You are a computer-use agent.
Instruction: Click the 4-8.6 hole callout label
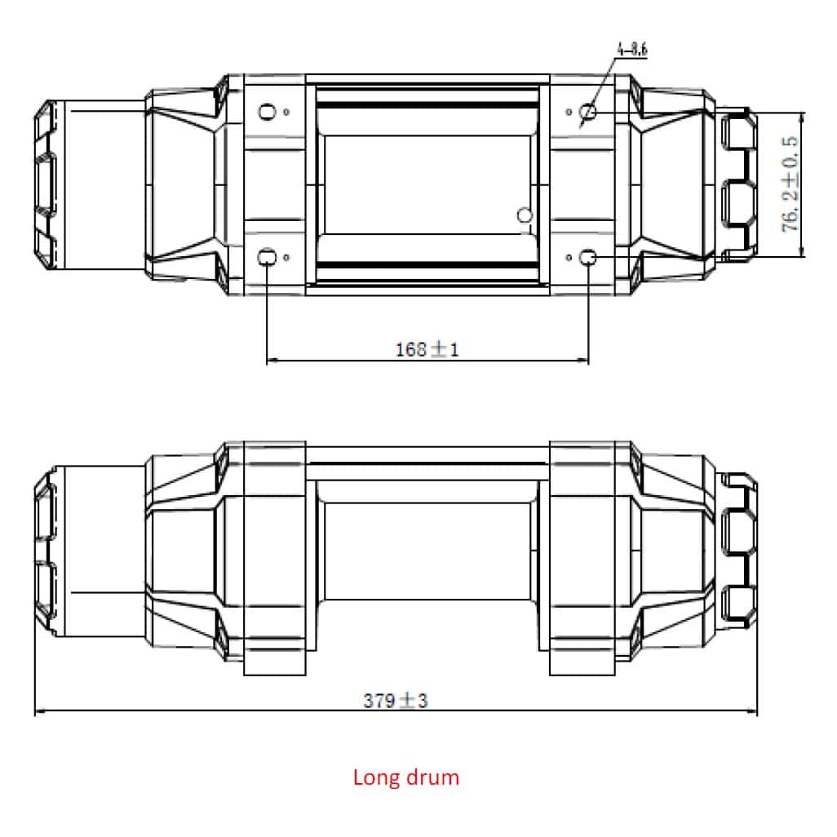coord(632,50)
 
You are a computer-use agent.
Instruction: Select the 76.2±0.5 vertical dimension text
coord(790,184)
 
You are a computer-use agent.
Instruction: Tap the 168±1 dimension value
coord(427,350)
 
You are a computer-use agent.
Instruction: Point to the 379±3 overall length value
coord(396,700)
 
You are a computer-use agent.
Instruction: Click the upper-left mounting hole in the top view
coord(267,112)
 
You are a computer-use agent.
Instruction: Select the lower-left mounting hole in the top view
coord(267,258)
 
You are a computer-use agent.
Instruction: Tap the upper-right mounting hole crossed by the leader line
coord(587,112)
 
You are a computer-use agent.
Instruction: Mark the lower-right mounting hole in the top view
coord(587,258)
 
